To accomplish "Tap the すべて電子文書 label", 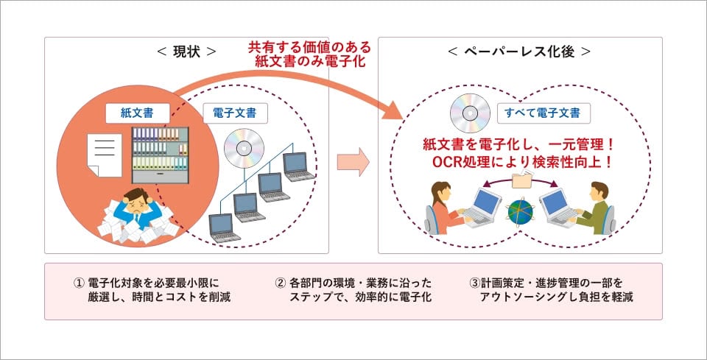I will click(542, 113).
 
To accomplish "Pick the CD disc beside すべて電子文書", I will click(471, 113).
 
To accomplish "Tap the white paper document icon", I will click(103, 154).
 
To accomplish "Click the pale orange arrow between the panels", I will click(353, 163).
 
